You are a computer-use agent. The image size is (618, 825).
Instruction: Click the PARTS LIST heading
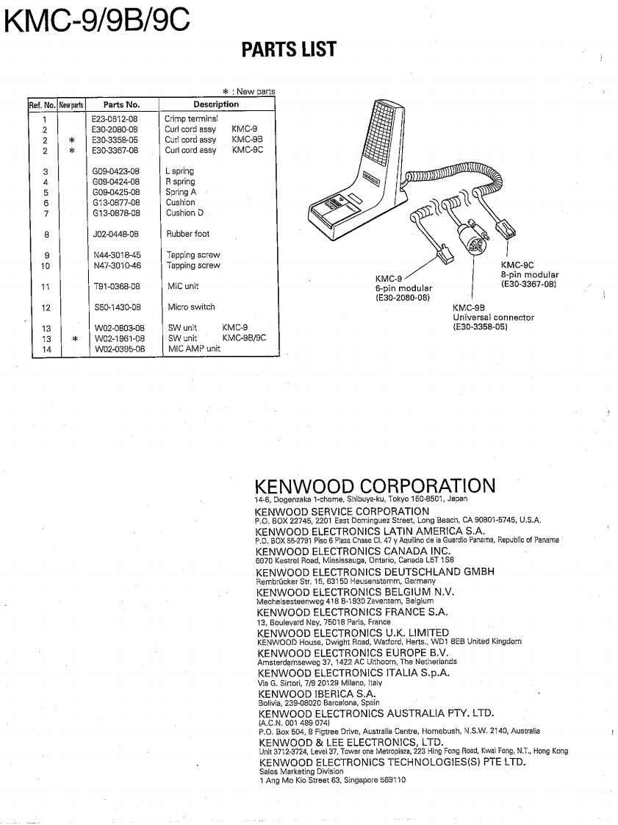click(x=288, y=50)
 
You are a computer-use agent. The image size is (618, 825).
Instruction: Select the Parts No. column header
click(x=121, y=104)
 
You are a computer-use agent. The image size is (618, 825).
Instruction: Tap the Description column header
click(x=216, y=104)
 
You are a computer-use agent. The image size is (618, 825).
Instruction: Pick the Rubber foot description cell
click(x=187, y=234)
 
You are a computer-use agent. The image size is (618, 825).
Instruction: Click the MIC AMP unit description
click(x=194, y=349)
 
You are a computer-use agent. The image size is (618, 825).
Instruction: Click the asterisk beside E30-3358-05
click(x=72, y=140)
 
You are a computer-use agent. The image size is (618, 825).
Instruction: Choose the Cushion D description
click(x=185, y=213)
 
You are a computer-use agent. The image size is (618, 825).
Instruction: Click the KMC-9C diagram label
click(x=517, y=265)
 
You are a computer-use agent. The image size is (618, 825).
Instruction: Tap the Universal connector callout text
click(x=493, y=318)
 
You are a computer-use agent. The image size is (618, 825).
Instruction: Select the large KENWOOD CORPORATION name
click(x=375, y=486)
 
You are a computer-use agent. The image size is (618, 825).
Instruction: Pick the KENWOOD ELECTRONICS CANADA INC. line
click(x=353, y=551)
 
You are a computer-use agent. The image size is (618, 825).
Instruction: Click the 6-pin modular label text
click(x=403, y=288)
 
